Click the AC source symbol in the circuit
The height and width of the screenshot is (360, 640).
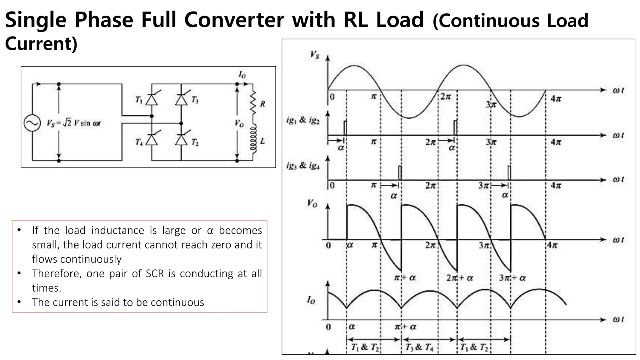32,123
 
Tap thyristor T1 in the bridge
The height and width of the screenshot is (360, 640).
152,100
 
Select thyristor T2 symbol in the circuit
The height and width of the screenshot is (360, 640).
181,140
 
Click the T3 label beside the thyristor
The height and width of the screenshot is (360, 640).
195,100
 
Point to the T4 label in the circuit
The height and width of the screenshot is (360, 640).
139,142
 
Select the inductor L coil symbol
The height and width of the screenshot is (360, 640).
253,139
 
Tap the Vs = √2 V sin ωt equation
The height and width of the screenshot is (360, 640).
73,123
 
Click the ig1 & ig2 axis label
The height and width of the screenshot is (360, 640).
303,120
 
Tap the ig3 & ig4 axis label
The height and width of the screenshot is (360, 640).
303,166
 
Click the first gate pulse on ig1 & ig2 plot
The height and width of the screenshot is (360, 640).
345,128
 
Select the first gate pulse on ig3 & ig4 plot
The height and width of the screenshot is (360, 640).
400,172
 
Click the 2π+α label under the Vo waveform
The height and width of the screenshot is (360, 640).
459,278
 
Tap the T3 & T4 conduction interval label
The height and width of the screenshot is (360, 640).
419,347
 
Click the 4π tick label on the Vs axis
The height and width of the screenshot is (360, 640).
556,99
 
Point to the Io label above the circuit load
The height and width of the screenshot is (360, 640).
242,75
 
